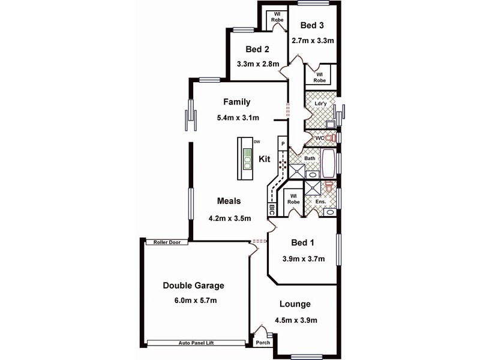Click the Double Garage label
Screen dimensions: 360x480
point(189,286)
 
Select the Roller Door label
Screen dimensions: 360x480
point(167,242)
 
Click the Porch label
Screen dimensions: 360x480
point(262,343)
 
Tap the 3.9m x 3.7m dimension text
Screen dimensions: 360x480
point(303,259)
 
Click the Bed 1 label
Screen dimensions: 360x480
point(303,243)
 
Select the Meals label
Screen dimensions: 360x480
point(229,202)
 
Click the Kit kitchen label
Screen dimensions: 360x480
point(265,160)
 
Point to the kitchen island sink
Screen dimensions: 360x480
point(247,161)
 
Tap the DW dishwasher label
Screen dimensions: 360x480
point(257,142)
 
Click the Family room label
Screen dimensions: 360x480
point(236,102)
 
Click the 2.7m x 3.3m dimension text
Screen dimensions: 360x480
point(312,41)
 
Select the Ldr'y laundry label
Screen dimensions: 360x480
point(320,104)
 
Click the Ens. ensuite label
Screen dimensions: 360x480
point(320,202)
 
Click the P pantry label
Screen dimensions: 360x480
point(282,144)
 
